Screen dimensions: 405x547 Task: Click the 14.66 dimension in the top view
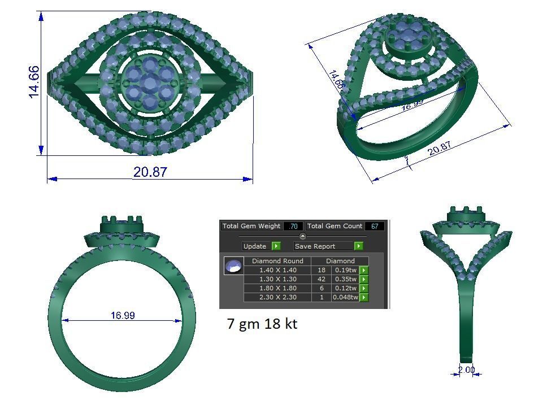(34, 82)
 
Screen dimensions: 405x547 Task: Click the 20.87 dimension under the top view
(150, 172)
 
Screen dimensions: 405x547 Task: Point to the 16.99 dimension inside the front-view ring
(123, 315)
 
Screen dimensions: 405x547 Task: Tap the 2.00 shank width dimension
(466, 370)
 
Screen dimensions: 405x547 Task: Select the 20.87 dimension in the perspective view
(440, 149)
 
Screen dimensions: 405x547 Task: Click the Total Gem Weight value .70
(293, 226)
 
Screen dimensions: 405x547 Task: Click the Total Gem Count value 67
(374, 226)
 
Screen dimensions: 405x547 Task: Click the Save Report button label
(315, 246)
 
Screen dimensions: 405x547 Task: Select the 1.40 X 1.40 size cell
(277, 270)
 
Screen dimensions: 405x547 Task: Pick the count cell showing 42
(322, 279)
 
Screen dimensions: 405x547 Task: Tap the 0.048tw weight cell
(345, 297)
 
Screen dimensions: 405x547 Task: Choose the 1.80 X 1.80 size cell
(277, 288)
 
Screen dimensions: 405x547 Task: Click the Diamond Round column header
(277, 261)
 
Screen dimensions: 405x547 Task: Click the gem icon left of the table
(233, 265)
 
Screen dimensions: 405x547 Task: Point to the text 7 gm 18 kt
(262, 324)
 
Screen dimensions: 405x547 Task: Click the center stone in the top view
(150, 83)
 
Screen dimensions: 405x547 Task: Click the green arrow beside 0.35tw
(364, 279)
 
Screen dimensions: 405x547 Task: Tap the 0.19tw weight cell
(345, 270)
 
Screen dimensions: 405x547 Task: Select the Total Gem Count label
(335, 226)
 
